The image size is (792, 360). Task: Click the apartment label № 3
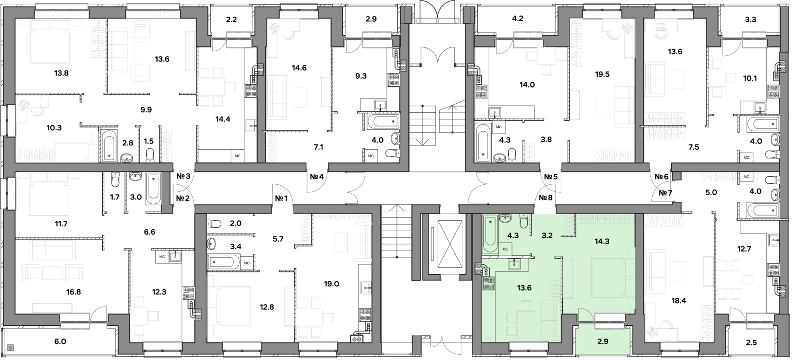(183, 176)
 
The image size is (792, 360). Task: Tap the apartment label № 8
(546, 198)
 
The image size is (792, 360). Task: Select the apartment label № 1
(281, 199)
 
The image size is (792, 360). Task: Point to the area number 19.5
(602, 74)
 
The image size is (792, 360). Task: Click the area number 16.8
(73, 292)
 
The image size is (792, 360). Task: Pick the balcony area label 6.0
(60, 342)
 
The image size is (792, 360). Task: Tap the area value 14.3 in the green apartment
(602, 242)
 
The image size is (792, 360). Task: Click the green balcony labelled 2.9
(603, 341)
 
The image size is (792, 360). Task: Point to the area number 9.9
(146, 109)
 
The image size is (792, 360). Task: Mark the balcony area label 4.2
(518, 18)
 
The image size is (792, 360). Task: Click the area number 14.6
(299, 68)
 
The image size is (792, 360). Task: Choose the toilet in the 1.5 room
(150, 155)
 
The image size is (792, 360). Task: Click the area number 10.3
(54, 128)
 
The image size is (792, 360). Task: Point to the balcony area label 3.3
(750, 19)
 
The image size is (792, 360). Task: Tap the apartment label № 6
(661, 176)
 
